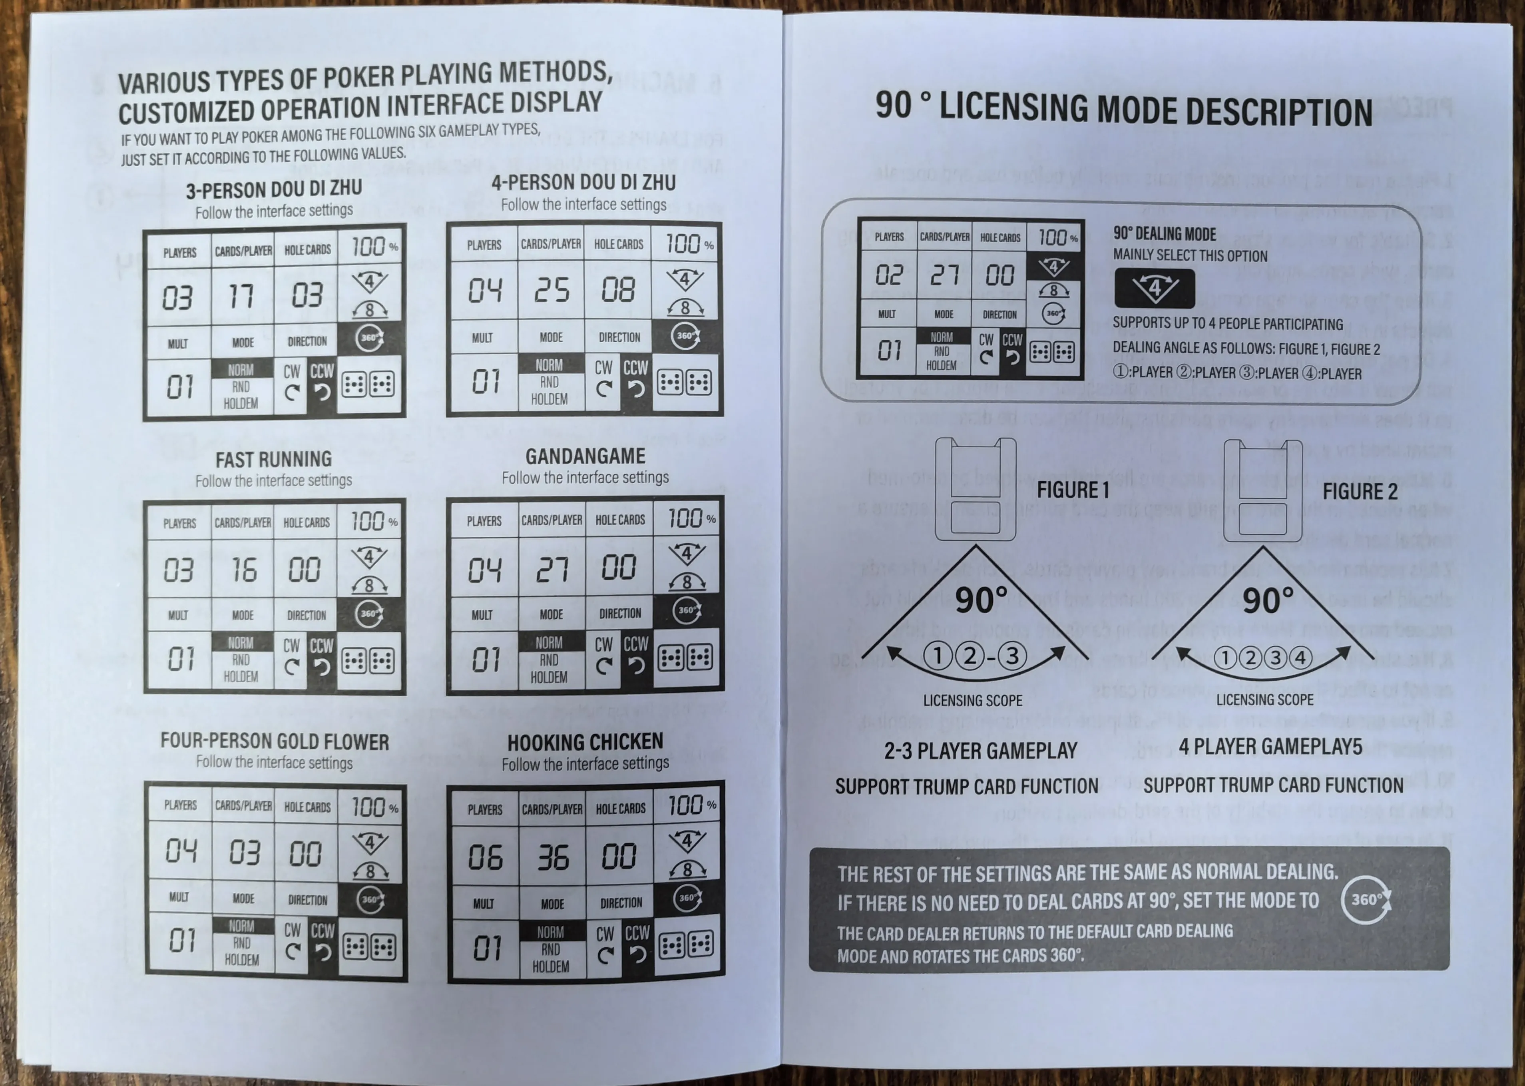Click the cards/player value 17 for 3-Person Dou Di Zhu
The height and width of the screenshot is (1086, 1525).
[x=242, y=295]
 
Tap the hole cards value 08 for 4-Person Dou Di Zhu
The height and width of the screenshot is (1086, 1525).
[x=618, y=289]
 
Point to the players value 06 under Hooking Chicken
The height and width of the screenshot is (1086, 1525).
[x=486, y=857]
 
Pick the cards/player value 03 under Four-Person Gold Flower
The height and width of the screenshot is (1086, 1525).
[x=244, y=853]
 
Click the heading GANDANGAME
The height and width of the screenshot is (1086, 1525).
[x=585, y=456]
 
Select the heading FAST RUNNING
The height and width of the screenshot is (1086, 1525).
[x=273, y=459]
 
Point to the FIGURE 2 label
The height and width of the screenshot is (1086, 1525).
[x=1360, y=492]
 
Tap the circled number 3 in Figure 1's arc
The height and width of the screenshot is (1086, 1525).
[x=1012, y=656]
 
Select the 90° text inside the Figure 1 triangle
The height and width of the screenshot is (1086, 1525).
[x=981, y=600]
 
